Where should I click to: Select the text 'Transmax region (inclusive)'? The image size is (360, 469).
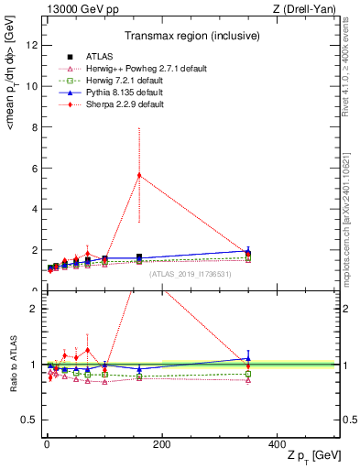[x=191, y=37]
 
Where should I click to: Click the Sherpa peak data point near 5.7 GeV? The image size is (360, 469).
[x=139, y=175]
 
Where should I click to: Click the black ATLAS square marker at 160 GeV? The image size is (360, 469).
[x=139, y=257]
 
